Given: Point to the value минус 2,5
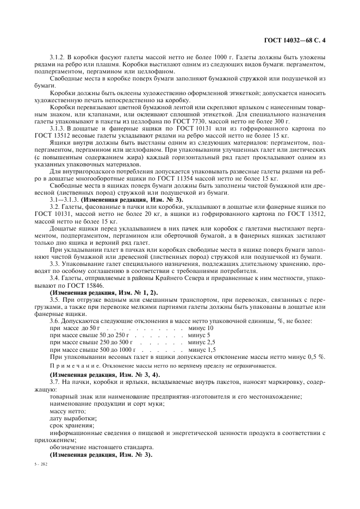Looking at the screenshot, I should (x=201, y=342).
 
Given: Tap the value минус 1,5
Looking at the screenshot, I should (x=201, y=349).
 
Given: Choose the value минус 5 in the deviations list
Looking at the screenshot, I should (x=199, y=335).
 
